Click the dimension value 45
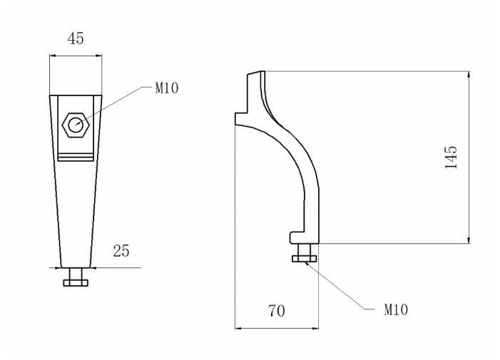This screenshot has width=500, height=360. pos(75,38)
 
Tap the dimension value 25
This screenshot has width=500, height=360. pos(121,250)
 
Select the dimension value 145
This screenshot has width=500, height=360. pos(450,157)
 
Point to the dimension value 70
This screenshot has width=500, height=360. pos(277,311)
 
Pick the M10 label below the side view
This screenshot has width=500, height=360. pos(396,310)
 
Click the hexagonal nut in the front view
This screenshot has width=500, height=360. pos(76,126)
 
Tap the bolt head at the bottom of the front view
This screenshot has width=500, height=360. pos(75,282)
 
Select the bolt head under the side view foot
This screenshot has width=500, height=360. pos(305,259)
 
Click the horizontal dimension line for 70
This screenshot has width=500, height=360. pos(277,328)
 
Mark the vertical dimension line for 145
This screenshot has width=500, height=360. pos(469,157)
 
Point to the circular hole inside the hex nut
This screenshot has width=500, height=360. pos(75,126)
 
